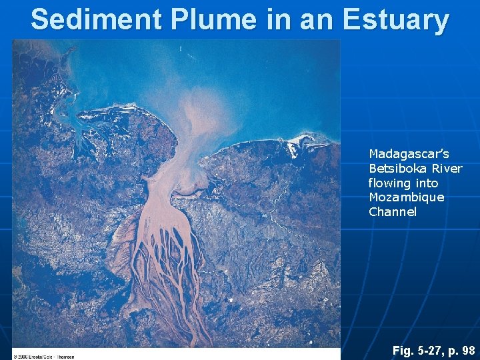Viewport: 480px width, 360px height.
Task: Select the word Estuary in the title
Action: [x=396, y=19]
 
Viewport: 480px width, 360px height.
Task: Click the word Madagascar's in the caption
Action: [x=409, y=153]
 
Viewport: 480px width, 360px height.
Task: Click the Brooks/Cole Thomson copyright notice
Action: [x=44, y=356]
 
